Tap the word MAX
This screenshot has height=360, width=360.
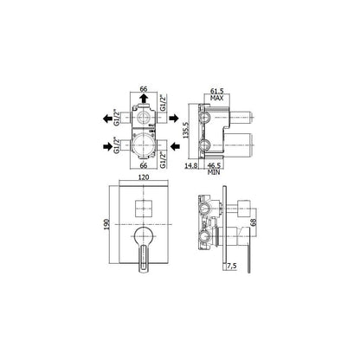[x=216, y=98]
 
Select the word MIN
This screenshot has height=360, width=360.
[x=214, y=172]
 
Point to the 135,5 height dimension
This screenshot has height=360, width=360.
[x=186, y=131]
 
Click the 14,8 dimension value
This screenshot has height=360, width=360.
[x=190, y=165]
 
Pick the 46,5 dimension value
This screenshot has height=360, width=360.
[x=214, y=165]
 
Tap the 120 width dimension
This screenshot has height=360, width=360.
[x=144, y=177]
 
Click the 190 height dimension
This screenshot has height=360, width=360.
[x=106, y=224]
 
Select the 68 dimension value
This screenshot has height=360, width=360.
[x=254, y=222]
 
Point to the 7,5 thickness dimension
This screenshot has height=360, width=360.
[x=232, y=266]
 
